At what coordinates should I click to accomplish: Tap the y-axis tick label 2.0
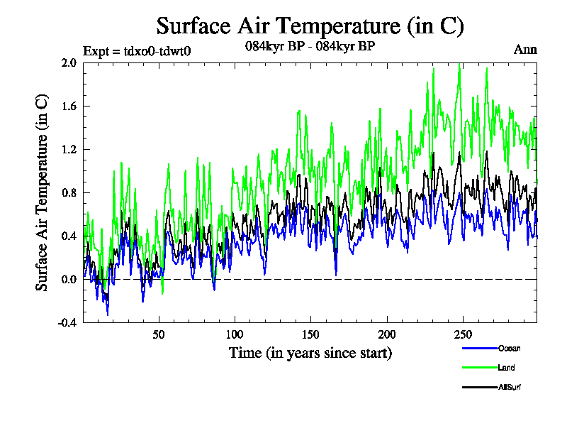click(x=69, y=63)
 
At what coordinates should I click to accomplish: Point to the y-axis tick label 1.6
click(x=69, y=106)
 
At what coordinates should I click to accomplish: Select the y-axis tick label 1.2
click(x=69, y=150)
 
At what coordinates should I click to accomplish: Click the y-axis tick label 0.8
click(x=69, y=193)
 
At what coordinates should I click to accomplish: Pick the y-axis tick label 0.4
click(x=69, y=236)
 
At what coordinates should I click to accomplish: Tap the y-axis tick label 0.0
click(x=69, y=280)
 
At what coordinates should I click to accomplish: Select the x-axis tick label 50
click(x=159, y=334)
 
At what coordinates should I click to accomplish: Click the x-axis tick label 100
click(x=235, y=334)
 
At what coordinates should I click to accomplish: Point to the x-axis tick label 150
click(x=311, y=334)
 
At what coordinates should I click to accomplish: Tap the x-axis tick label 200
click(x=387, y=334)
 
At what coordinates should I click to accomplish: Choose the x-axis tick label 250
click(x=463, y=334)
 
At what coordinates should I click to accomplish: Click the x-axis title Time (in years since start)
click(x=310, y=352)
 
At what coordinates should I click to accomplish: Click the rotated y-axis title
click(x=43, y=192)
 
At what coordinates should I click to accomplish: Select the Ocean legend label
click(x=509, y=349)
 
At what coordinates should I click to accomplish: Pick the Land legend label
click(x=506, y=368)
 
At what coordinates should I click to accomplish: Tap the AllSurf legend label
click(x=510, y=387)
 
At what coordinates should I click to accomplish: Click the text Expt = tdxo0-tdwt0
click(x=137, y=50)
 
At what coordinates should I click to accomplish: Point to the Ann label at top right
click(x=525, y=50)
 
